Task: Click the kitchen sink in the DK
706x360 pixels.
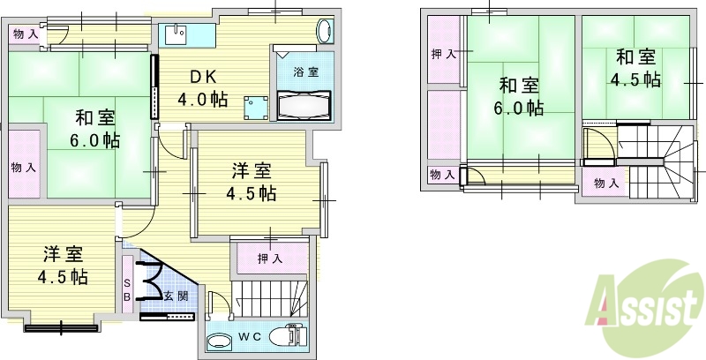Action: (177, 34)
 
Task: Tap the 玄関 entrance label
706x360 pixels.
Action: (176, 296)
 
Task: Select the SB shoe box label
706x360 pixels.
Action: (126, 289)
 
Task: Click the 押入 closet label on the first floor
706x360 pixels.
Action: (269, 259)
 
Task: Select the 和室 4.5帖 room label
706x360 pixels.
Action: (635, 68)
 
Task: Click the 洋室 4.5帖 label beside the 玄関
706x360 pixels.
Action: (62, 266)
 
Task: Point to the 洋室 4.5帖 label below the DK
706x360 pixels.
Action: (252, 182)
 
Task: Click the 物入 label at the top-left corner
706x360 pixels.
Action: (25, 34)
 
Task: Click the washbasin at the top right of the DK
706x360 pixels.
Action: (324, 31)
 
